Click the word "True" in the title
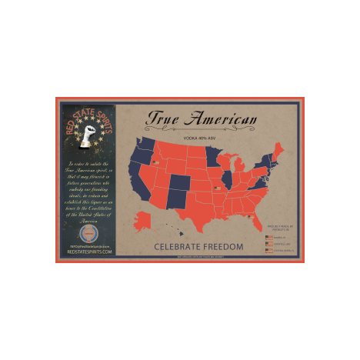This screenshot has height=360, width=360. pos(164,120)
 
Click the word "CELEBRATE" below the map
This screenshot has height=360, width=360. pos(178,247)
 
